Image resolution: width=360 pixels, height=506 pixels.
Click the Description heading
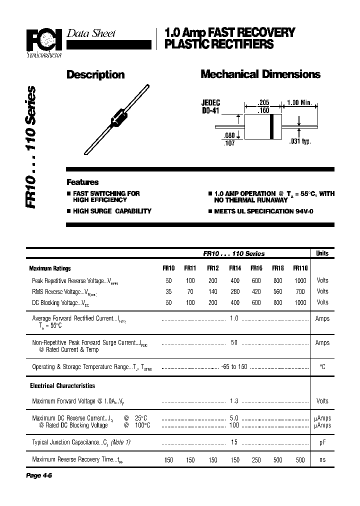click(x=95, y=74)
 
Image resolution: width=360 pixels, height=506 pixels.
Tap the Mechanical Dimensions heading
click(x=260, y=74)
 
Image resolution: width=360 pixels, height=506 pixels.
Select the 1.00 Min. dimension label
click(x=299, y=102)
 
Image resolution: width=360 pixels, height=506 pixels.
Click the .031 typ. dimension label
click(x=300, y=141)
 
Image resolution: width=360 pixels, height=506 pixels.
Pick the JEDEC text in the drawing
click(x=211, y=102)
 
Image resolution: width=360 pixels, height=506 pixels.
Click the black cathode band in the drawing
click(x=272, y=126)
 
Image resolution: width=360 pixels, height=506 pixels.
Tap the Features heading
click(x=82, y=182)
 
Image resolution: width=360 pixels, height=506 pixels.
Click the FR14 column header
click(x=234, y=268)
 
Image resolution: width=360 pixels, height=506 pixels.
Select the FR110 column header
click(x=300, y=268)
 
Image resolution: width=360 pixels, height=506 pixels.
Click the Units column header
click(x=322, y=253)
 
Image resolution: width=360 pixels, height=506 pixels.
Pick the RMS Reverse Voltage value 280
click(x=234, y=291)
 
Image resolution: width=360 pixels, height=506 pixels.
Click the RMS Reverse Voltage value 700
click(x=300, y=291)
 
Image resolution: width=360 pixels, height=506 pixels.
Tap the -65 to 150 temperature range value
click(x=234, y=367)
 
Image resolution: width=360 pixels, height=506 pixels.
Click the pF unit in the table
click(x=322, y=443)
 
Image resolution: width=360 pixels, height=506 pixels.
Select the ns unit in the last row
click(x=322, y=460)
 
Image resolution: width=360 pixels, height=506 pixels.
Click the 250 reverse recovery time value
click(x=256, y=460)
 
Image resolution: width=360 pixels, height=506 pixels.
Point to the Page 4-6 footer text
click(x=39, y=475)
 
